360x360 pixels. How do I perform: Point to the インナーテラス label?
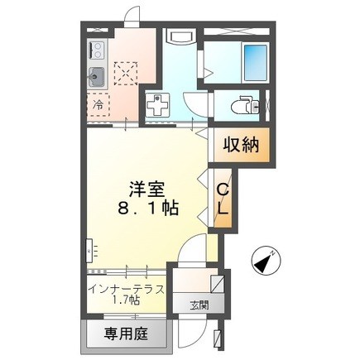point(126,288)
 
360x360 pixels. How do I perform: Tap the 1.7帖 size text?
point(126,300)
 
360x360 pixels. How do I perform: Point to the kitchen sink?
point(95,79)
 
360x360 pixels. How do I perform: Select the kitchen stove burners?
point(94,50)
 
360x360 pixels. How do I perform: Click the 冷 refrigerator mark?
point(98,105)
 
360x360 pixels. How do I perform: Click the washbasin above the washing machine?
point(179,38)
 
